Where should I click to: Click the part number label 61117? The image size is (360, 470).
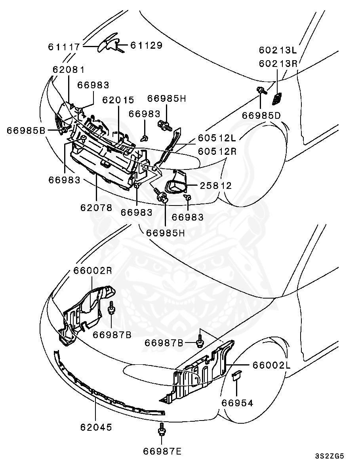64,47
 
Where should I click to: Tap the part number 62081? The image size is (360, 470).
69,70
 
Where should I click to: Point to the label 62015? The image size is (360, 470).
118,100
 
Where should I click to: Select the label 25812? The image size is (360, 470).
216,185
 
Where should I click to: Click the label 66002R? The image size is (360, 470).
92,271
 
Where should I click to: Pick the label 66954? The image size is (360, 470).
237,403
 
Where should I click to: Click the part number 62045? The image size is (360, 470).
96,427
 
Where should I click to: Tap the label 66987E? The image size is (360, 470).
162,451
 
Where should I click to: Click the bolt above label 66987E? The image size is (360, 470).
162,430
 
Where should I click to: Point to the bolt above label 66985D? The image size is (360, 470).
261,91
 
